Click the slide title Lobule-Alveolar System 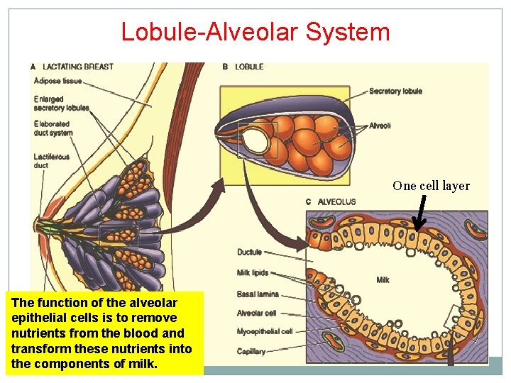tap(255, 32)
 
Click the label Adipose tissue tap(57, 80)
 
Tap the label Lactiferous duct tap(51, 161)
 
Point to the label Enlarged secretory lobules tap(61, 104)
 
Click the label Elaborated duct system tap(53, 128)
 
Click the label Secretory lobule tap(396, 91)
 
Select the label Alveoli tap(380, 126)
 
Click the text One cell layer tap(431, 186)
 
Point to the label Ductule tap(249, 252)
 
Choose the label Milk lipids tap(253, 273)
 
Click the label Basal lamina tap(257, 294)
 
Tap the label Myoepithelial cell tap(265, 331)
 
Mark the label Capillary tap(252, 351)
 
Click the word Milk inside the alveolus tap(383, 280)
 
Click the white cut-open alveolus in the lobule tap(255, 140)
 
